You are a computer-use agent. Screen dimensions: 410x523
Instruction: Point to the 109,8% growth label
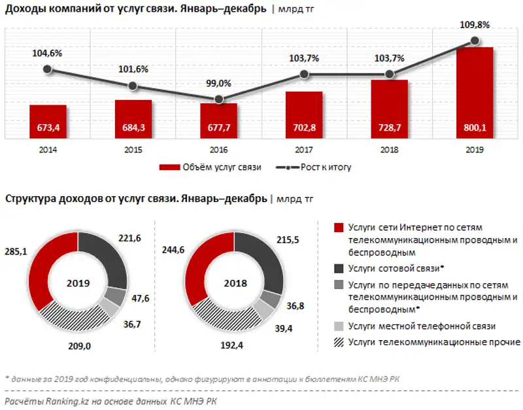tap(474, 25)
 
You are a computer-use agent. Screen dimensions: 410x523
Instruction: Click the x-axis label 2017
tap(304, 150)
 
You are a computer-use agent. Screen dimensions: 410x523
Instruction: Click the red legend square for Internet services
tap(339, 228)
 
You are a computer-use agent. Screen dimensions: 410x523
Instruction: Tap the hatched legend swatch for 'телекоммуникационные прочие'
tap(339, 341)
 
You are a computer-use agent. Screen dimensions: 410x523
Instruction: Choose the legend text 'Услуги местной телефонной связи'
tap(422, 325)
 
